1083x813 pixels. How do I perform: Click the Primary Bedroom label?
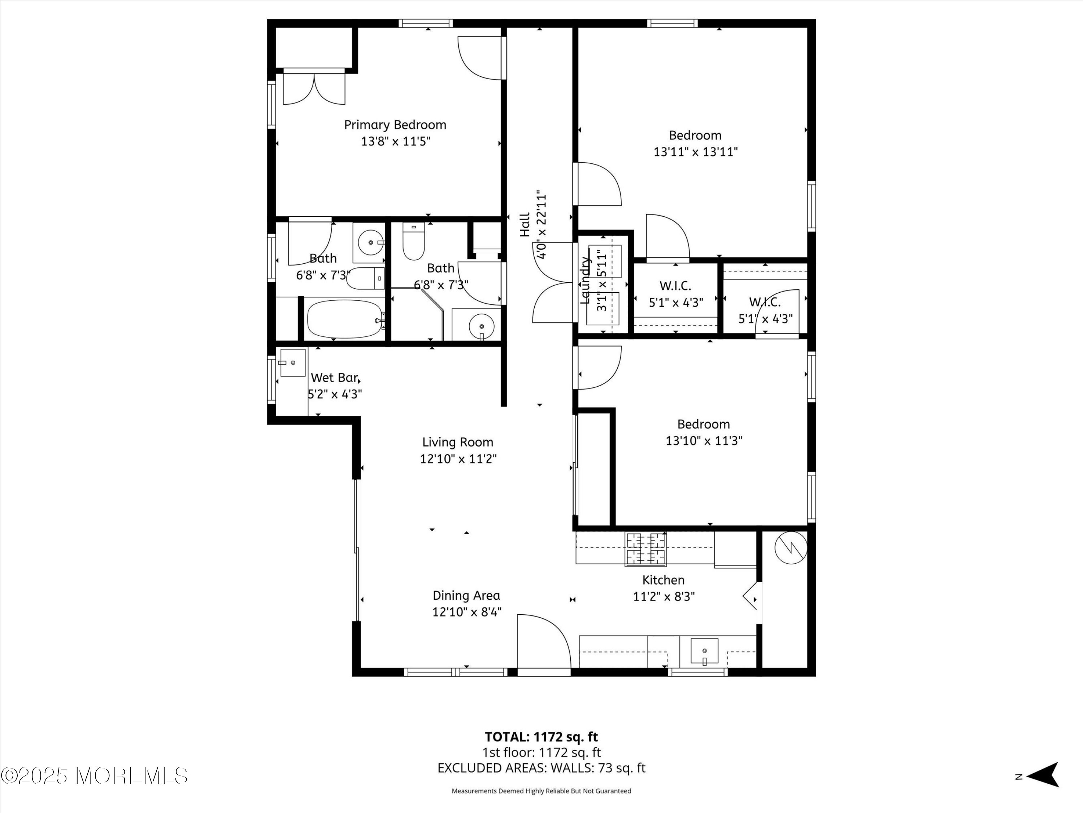[395, 125]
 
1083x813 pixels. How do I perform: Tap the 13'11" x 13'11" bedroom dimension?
[696, 152]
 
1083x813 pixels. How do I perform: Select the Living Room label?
[458, 443]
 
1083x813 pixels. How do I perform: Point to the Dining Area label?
[466, 595]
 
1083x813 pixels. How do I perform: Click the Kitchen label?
[664, 580]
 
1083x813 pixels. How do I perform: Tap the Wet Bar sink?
[293, 363]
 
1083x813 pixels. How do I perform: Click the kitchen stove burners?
[645, 549]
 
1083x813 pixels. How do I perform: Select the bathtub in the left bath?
[345, 319]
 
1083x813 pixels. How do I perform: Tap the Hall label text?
[525, 224]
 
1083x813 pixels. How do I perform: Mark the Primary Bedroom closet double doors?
[314, 89]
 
